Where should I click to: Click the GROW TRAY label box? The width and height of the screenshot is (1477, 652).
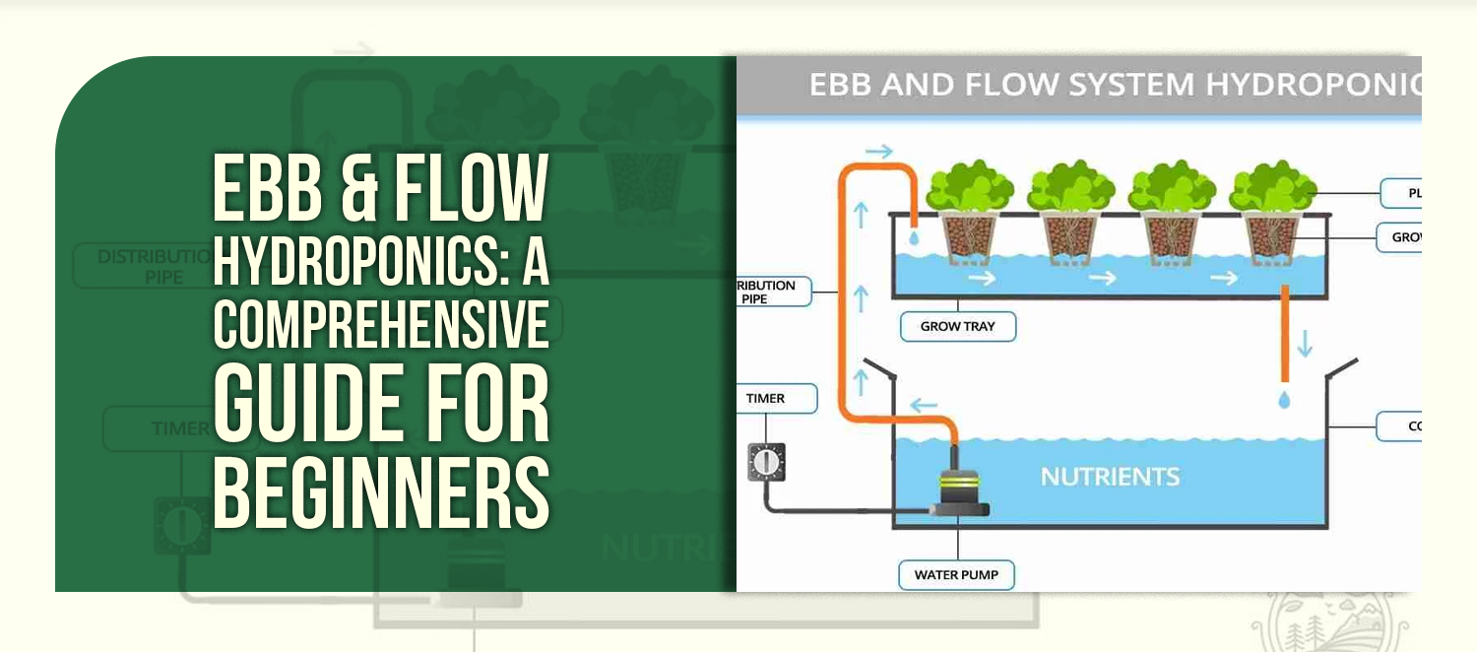pyautogui.click(x=957, y=326)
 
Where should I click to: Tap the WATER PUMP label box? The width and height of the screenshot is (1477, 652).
pyautogui.click(x=956, y=575)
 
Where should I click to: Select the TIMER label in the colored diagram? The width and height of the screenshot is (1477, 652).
pyautogui.click(x=776, y=399)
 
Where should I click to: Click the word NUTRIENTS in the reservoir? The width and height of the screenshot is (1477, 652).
pyautogui.click(x=1110, y=477)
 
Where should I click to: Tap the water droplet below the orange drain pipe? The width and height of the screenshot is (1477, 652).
pyautogui.click(x=1284, y=400)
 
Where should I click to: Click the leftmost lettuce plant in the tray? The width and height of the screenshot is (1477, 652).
pyautogui.click(x=968, y=185)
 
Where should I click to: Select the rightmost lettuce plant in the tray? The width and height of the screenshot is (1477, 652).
pyautogui.click(x=1272, y=185)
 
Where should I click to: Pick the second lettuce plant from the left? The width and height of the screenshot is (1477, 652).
pyautogui.click(x=1069, y=185)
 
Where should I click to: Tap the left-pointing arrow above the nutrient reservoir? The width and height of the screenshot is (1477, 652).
pyautogui.click(x=922, y=404)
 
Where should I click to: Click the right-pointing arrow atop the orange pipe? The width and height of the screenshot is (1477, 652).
pyautogui.click(x=879, y=151)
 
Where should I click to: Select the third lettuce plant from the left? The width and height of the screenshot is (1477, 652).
pyautogui.click(x=1171, y=185)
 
